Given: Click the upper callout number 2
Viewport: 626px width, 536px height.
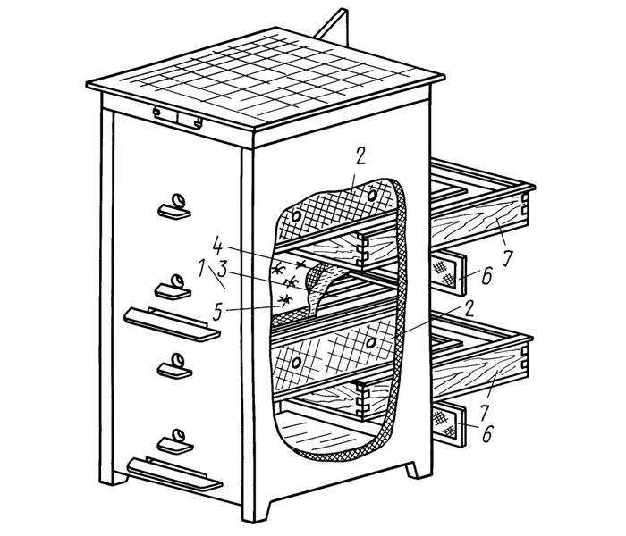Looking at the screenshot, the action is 360,157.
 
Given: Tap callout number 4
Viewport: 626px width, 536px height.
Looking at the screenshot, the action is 217,246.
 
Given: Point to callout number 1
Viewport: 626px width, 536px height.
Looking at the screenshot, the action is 202,268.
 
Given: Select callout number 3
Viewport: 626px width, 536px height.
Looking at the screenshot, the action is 223,270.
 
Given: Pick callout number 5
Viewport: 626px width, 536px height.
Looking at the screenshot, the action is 217,312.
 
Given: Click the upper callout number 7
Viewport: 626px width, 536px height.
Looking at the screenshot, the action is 507,258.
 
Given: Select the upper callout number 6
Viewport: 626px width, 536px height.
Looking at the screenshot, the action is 486,276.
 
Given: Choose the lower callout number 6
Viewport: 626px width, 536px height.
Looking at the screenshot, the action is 487,433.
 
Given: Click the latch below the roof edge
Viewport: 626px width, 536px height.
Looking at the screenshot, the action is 178,118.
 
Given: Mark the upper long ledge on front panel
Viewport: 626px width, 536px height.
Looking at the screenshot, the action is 172,323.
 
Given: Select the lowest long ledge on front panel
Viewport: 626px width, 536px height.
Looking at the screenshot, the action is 174,473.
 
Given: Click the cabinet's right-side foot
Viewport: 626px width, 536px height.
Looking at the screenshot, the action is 414,470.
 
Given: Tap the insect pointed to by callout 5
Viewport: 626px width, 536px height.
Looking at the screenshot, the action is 285,300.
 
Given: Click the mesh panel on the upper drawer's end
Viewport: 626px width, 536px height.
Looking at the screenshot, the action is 444,272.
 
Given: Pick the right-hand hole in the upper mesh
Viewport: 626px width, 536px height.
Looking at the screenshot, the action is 372,196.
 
